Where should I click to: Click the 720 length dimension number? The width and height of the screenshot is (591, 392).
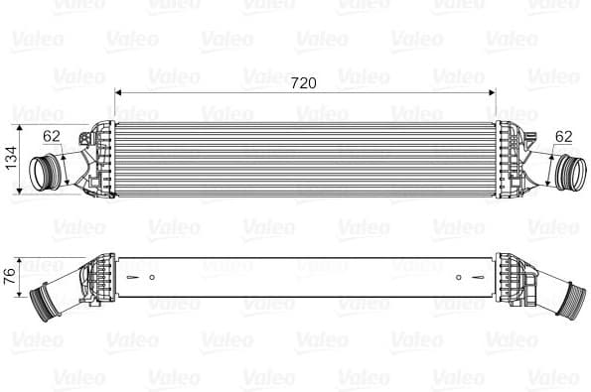point(304,83)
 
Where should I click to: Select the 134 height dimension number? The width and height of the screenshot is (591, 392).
point(13,158)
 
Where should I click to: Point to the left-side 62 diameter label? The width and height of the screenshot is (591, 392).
point(53,137)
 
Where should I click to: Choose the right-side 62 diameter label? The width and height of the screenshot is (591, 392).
point(564,136)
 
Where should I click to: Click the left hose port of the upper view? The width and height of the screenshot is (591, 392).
point(45,172)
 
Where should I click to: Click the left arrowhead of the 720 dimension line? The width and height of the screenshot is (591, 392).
point(119,92)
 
